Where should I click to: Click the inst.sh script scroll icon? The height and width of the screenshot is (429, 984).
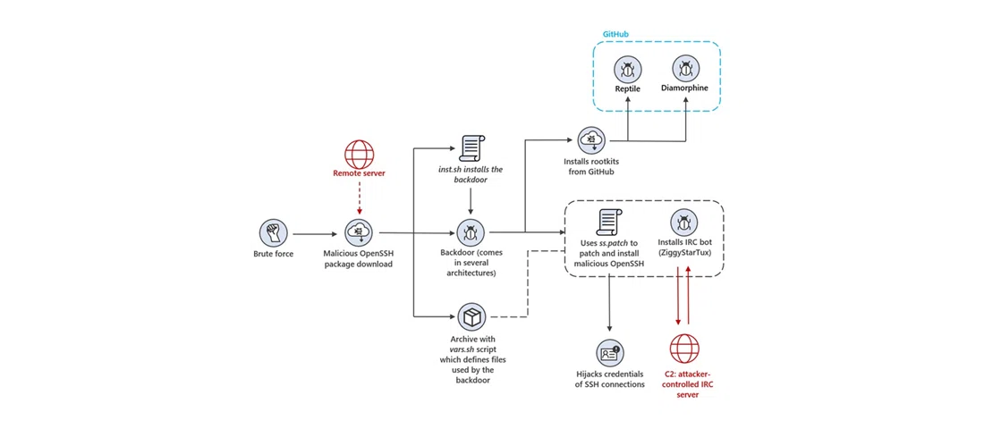coord(471,147)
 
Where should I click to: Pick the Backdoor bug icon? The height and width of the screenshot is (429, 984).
coord(471,233)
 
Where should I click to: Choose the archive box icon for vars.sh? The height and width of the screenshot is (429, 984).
coord(471,316)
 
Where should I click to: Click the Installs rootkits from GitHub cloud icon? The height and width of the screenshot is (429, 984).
coord(593,139)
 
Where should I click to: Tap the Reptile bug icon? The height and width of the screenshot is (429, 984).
coord(627,68)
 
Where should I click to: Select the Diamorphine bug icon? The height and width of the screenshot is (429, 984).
coord(686,68)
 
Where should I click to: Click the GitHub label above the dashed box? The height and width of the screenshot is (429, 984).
coord(615,34)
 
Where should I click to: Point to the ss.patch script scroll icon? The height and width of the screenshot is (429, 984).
coord(609,221)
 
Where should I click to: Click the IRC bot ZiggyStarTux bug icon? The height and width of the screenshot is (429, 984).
coord(684,222)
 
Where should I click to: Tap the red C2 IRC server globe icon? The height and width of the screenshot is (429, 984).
coord(684,347)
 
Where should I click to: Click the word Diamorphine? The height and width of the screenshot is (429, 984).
coord(686,88)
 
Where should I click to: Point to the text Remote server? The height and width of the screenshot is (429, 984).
coord(359,172)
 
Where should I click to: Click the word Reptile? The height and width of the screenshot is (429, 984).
coord(627,89)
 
